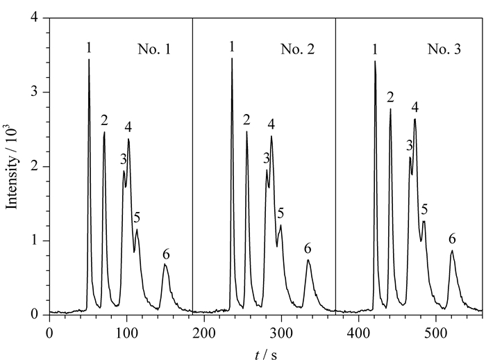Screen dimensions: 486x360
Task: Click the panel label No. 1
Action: (154, 49)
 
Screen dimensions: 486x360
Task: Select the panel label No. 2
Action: (298, 49)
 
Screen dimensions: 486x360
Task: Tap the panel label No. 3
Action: (444, 49)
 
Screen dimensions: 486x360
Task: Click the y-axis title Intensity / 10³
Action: (12, 167)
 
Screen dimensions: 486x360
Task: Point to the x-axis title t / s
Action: (266, 354)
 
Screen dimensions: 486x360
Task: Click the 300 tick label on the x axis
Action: (281, 334)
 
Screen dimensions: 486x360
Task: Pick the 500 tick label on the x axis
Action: (435, 334)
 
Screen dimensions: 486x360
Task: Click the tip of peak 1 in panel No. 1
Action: (89, 59)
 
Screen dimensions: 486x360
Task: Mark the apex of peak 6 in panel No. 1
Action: (165, 264)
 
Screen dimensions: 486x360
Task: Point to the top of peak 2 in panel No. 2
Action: (246, 131)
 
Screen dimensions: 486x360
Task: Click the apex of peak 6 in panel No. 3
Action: (452, 250)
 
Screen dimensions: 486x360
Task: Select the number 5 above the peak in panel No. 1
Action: (137, 218)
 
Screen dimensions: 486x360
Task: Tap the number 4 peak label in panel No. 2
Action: (271, 124)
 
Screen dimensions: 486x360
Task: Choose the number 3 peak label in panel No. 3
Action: (410, 145)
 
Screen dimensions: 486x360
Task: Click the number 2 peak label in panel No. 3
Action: (390, 97)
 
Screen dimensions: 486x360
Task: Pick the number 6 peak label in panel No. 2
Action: (308, 249)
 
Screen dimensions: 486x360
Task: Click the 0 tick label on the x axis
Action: (49, 334)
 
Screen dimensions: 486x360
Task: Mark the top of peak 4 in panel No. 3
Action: (414, 119)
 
